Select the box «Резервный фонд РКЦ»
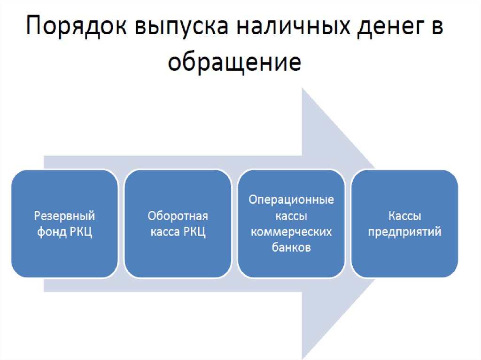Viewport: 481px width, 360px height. pos(65,223)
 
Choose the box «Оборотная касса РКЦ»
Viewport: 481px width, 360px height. pos(178,223)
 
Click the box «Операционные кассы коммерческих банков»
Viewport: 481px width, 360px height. pos(291,223)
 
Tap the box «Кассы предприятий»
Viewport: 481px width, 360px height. pos(404,223)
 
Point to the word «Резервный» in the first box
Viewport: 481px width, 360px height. pos(65,216)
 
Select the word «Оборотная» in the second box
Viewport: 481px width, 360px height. pos(178,216)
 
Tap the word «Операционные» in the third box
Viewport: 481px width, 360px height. pos(291,200)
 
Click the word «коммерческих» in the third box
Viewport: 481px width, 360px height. pos(291,232)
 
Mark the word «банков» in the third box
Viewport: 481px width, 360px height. pos(291,248)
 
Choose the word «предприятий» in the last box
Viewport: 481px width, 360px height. pos(404,232)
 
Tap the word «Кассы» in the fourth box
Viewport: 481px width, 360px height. pos(404,216)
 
